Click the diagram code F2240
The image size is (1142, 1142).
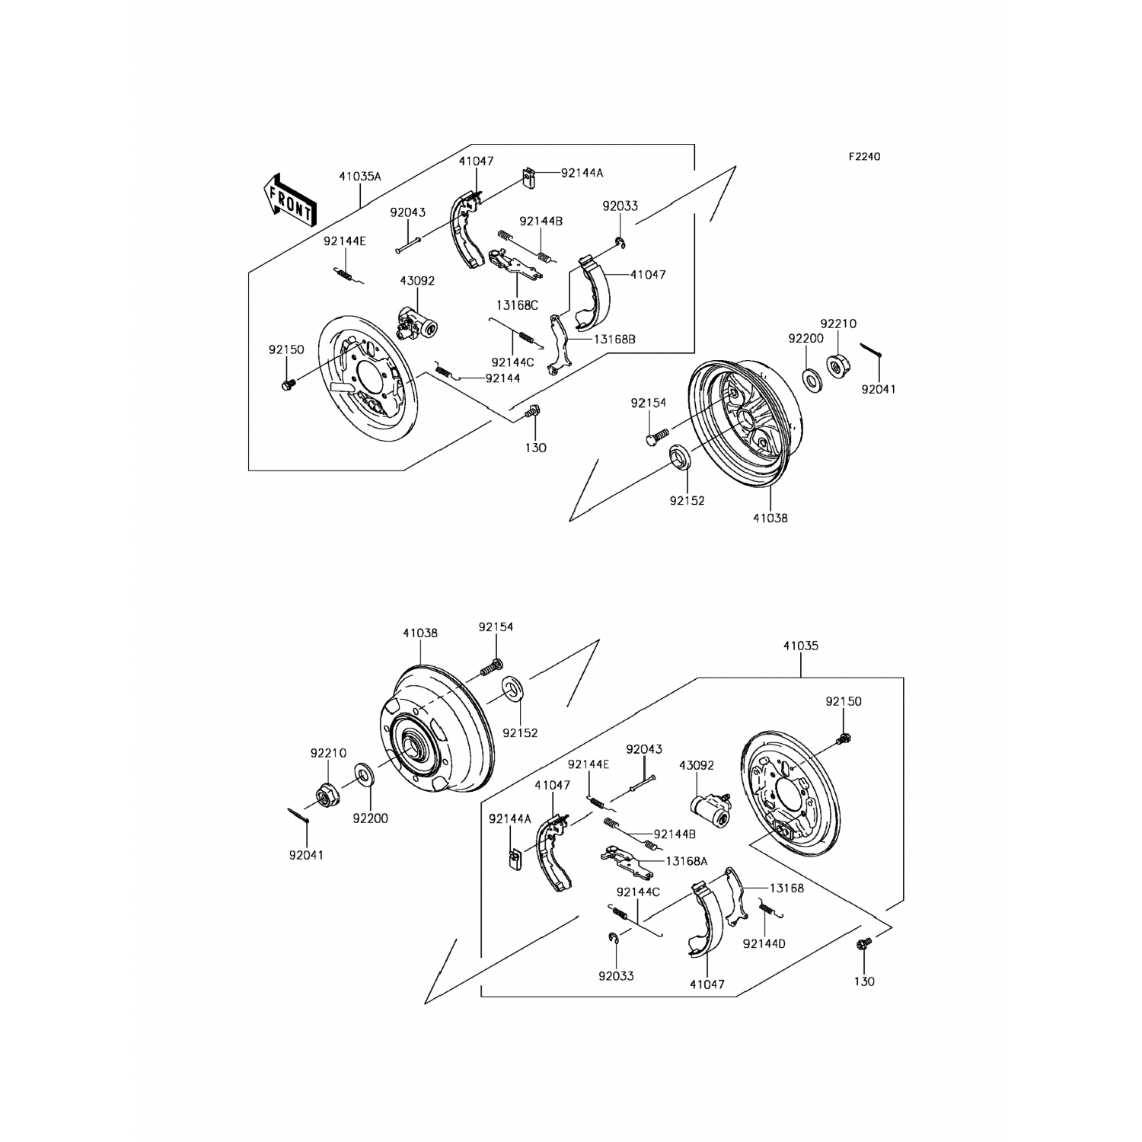tap(864, 157)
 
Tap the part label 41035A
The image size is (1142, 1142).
tap(360, 176)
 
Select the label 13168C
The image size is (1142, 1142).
tap(517, 305)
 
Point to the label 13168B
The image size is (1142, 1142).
tap(612, 340)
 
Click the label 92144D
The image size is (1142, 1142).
tap(764, 943)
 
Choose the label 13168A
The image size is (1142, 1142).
tap(686, 860)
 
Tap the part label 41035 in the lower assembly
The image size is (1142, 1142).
tap(800, 646)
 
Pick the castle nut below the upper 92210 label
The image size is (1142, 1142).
tap(835, 366)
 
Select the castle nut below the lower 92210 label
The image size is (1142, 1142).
tap(327, 796)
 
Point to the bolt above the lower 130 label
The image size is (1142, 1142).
tap(863, 945)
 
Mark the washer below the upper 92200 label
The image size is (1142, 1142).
tap(812, 378)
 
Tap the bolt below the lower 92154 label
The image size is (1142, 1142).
tap(491, 668)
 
